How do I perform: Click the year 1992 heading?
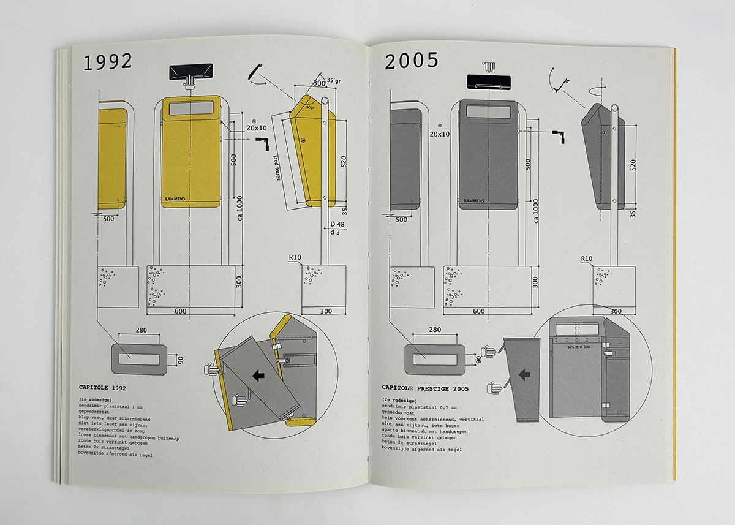click(108, 62)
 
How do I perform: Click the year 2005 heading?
click(411, 61)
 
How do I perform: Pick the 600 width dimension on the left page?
click(180, 312)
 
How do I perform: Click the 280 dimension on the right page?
click(435, 330)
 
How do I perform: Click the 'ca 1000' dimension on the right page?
click(536, 210)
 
